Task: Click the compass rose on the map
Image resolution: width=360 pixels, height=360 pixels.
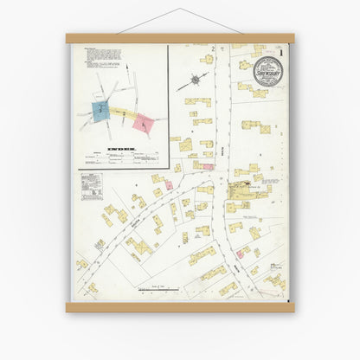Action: point(196,80)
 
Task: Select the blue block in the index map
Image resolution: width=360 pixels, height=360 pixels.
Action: point(102,110)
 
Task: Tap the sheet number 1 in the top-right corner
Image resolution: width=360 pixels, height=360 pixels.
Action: point(281,51)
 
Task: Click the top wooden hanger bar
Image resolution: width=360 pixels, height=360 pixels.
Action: point(180,38)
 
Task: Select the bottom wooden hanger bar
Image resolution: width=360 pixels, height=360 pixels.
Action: point(180,307)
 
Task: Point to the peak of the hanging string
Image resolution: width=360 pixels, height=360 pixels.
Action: point(181,10)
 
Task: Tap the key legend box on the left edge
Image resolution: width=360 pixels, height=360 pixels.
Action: point(91,184)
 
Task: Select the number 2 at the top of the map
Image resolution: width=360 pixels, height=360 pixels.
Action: point(211,48)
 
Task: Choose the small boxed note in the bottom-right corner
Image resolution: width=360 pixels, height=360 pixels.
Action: point(275,266)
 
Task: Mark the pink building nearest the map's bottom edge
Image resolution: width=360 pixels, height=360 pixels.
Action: point(240,253)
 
